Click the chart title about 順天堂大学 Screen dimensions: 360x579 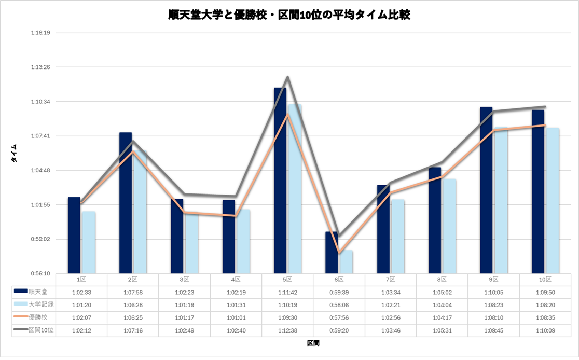coord(289,15)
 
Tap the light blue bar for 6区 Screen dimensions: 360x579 coord(346,262)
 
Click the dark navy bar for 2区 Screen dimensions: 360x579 coord(126,203)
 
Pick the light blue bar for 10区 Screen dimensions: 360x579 coord(552,200)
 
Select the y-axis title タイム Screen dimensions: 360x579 coord(15,154)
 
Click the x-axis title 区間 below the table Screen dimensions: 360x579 coord(313,343)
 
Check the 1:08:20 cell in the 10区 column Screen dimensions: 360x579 coord(545,304)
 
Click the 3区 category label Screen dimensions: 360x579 coord(184,279)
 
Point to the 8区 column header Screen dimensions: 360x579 coord(442,279)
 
